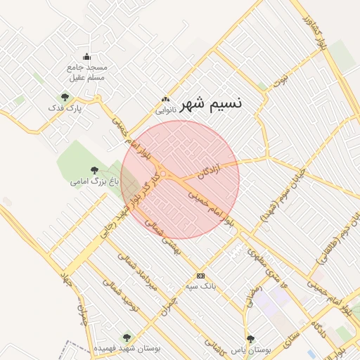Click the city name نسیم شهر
211,103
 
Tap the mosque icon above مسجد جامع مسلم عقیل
86,57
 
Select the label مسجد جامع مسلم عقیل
86,72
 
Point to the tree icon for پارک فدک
65,98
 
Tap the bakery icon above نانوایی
165,100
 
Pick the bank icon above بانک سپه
201,275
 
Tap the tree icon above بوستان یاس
250,339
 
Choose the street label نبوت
281,79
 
